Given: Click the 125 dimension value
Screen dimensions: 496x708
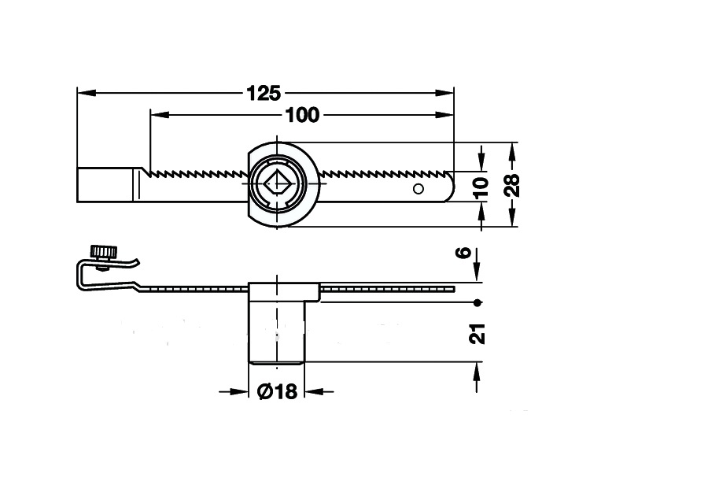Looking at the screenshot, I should point(263,93).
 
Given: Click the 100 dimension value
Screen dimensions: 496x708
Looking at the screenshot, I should point(302,115).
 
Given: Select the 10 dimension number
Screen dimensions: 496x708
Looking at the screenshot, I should point(481,187).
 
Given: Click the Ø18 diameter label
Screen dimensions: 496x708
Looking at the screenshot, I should point(277,391).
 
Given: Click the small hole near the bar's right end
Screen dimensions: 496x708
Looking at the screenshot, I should point(419,188).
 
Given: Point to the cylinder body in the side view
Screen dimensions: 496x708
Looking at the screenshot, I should point(277,331).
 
